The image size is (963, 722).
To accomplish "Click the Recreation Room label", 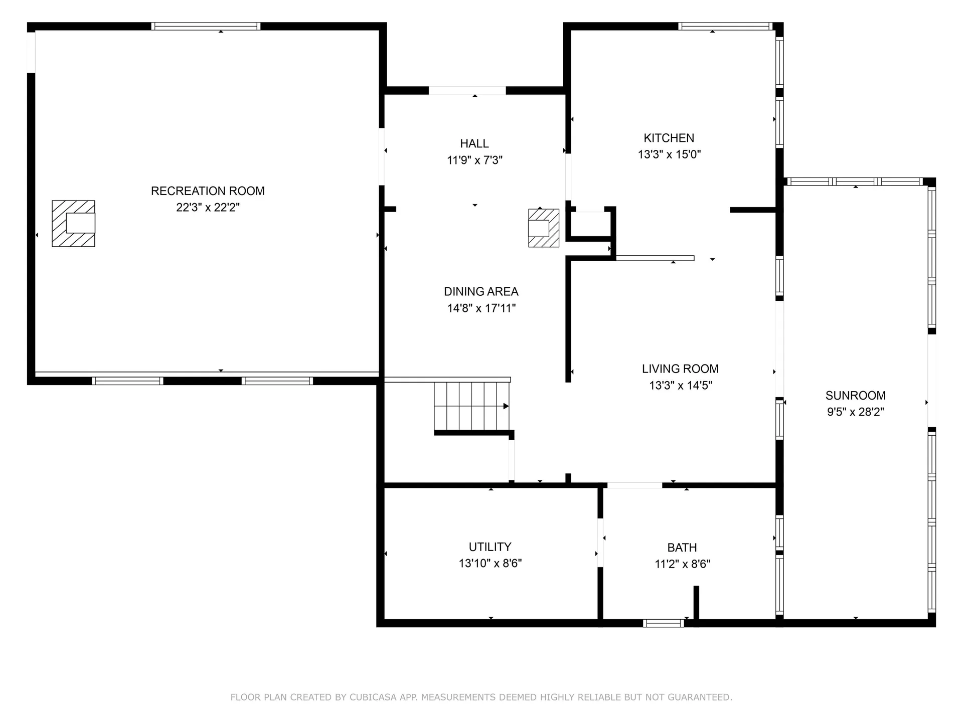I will pos(208,191).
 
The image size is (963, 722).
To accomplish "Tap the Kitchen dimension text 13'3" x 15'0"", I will pos(669,154).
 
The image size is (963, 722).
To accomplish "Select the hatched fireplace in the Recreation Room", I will pos(73,224).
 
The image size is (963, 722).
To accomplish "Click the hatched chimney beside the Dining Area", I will pos(543,228).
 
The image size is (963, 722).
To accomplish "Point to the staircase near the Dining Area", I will pos(471,406).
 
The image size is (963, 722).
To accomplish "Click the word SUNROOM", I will pos(855,395).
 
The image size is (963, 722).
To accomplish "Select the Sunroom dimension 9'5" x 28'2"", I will pos(855,412).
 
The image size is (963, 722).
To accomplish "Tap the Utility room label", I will pos(490,547).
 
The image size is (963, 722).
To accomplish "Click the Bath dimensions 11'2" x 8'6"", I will pos(682,564).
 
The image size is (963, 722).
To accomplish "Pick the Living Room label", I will pos(680,369).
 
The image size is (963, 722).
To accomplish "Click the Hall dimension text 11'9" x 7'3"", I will pos(474,160).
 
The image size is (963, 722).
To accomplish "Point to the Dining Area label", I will pos(481,292).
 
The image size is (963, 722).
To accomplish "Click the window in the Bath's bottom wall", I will pos(663,623).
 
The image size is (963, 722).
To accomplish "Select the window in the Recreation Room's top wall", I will pos(206,26).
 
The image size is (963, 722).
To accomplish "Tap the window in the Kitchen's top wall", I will pos(725,26).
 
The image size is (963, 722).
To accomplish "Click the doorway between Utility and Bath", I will pos(600,543).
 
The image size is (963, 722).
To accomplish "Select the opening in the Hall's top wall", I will pos(467,91).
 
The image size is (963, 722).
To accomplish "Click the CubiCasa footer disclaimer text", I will pos(481,697).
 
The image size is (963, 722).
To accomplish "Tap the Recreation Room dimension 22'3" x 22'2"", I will pos(208,208).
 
